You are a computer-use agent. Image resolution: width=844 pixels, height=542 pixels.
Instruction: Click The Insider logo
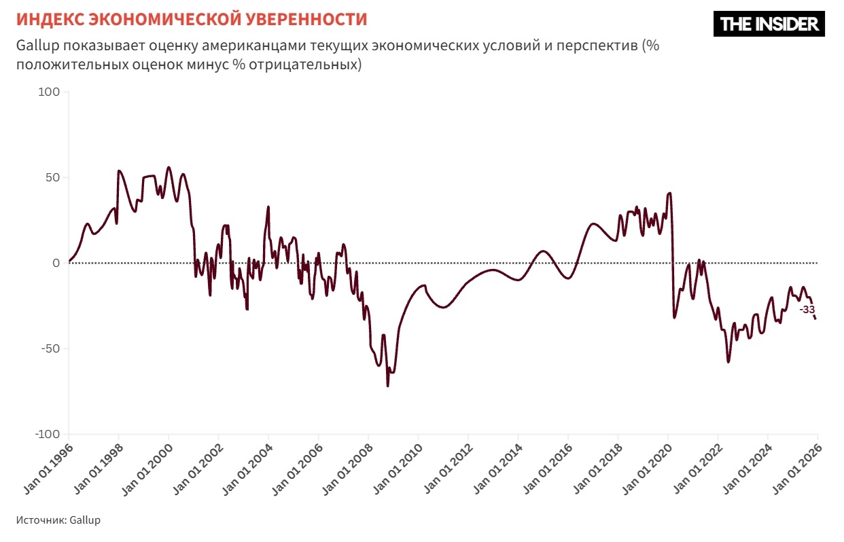point(769,24)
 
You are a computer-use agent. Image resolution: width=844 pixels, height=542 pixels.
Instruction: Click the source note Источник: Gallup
point(58,520)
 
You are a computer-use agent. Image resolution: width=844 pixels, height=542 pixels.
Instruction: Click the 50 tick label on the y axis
point(53,177)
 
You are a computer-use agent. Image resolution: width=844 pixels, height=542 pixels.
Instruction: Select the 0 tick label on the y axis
point(56,263)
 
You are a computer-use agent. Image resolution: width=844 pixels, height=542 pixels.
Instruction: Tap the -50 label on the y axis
point(50,348)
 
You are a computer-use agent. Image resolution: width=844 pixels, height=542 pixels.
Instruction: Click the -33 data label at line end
point(807,310)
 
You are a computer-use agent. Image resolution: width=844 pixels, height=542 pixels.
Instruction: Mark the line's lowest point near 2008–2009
point(387,386)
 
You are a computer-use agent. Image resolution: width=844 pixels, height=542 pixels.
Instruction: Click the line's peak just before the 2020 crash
point(669,193)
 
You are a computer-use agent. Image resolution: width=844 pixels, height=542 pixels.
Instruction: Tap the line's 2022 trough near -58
point(728,361)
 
